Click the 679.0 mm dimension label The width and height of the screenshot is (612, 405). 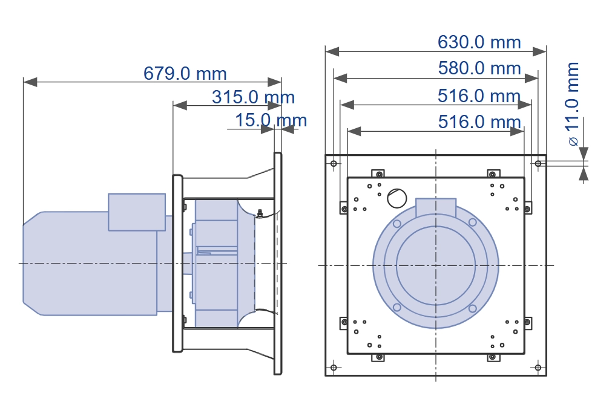tap(185, 73)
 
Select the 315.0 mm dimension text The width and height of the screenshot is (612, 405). tap(253, 97)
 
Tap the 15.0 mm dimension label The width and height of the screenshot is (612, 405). tap(271, 120)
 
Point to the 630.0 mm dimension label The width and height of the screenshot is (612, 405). tap(479, 42)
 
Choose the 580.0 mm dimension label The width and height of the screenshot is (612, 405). tap(479, 68)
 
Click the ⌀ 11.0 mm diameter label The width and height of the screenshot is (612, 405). tap(572, 104)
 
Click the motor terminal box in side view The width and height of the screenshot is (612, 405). tap(137, 212)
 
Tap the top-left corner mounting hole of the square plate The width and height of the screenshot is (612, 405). tap(334, 163)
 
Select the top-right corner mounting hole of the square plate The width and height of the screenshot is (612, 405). tap(538, 163)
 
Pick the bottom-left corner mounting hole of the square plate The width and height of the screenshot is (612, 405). tap(334, 367)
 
